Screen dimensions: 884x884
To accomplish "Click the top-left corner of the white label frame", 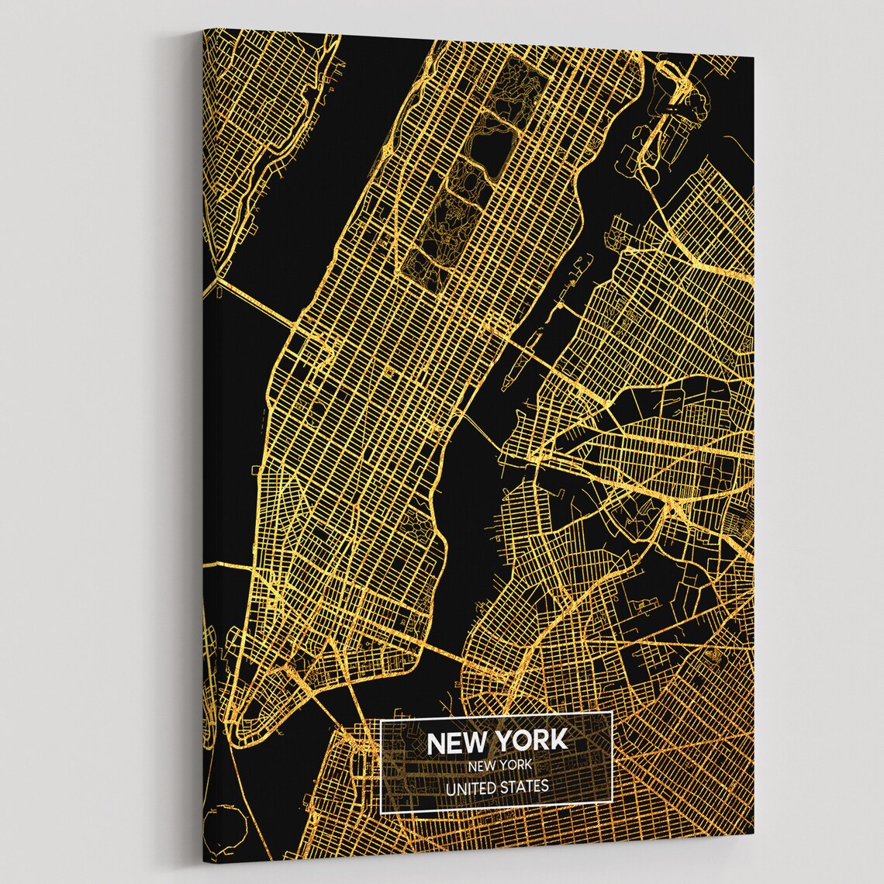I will (381, 719).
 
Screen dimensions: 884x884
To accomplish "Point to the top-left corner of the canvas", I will (204, 29).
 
